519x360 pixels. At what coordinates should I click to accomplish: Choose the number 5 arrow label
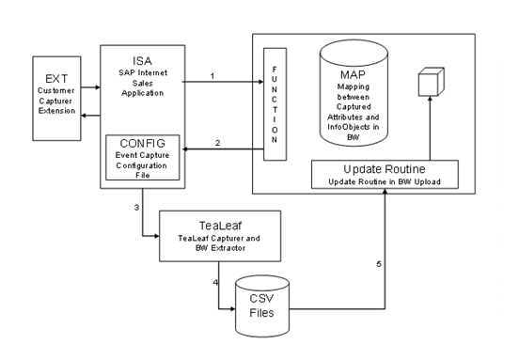pyautogui.click(x=379, y=263)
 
